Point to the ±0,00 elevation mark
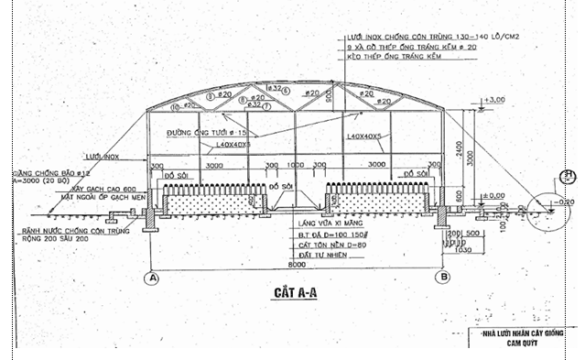tap(495, 195)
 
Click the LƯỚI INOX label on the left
tap(99, 157)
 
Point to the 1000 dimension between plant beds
tap(294, 167)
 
